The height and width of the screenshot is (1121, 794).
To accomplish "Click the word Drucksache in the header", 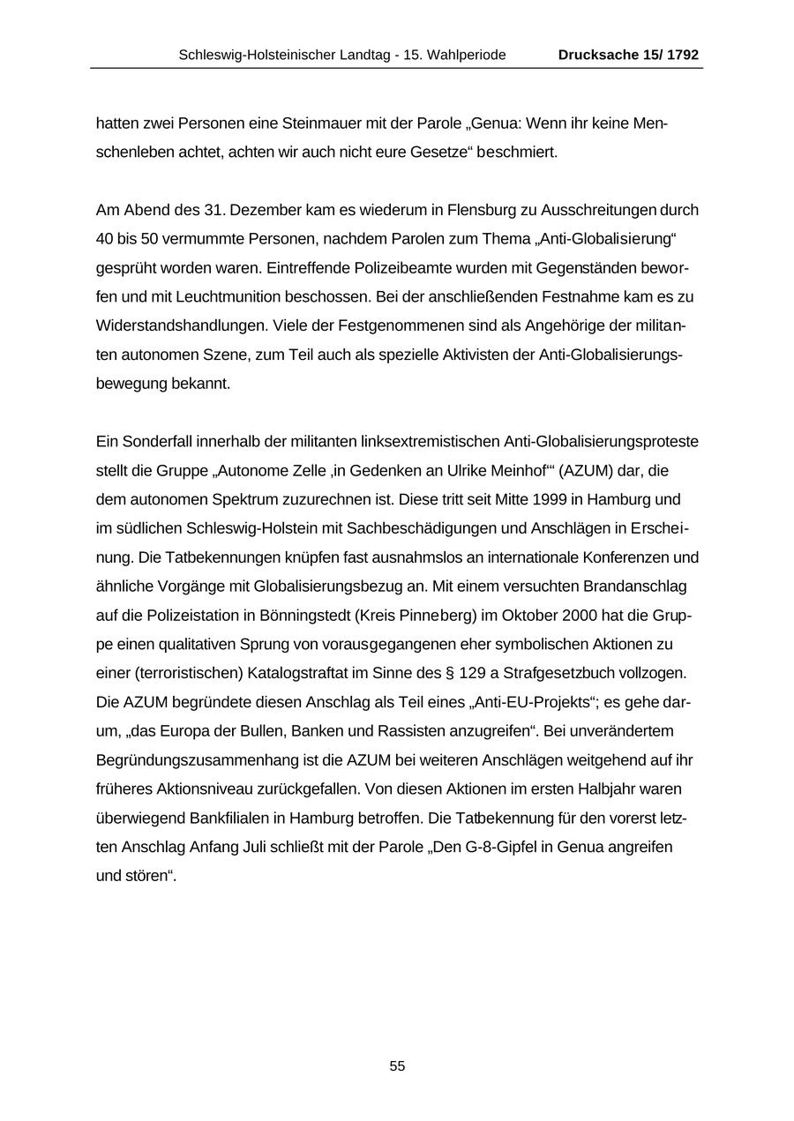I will pos(597,55).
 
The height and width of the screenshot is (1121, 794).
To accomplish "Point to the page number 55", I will pos(397,1066).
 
